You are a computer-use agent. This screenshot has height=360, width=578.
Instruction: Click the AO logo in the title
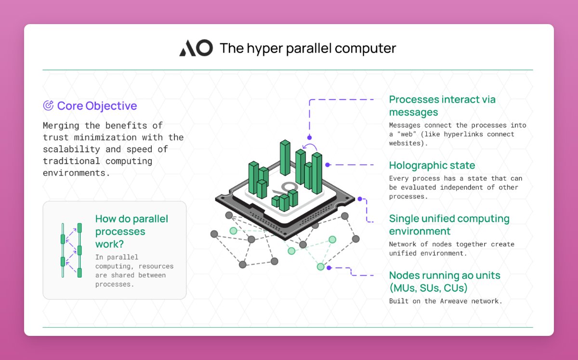click(196, 48)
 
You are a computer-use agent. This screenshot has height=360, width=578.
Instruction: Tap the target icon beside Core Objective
click(48, 106)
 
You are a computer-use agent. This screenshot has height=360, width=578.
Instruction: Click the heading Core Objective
click(97, 106)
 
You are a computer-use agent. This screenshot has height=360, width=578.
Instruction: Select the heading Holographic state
click(432, 165)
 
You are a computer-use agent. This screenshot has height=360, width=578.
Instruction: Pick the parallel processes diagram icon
click(71, 250)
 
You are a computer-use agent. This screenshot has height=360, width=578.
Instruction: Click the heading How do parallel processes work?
click(131, 231)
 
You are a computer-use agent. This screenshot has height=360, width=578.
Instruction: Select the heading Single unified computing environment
click(449, 225)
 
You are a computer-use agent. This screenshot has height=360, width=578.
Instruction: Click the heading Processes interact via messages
click(442, 106)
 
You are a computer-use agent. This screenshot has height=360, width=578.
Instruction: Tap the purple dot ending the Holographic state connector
click(328, 165)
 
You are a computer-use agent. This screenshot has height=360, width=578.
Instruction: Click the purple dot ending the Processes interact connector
click(309, 138)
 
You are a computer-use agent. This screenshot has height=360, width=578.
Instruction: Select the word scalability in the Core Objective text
click(71, 149)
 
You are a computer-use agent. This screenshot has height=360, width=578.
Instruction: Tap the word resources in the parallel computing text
click(156, 266)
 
